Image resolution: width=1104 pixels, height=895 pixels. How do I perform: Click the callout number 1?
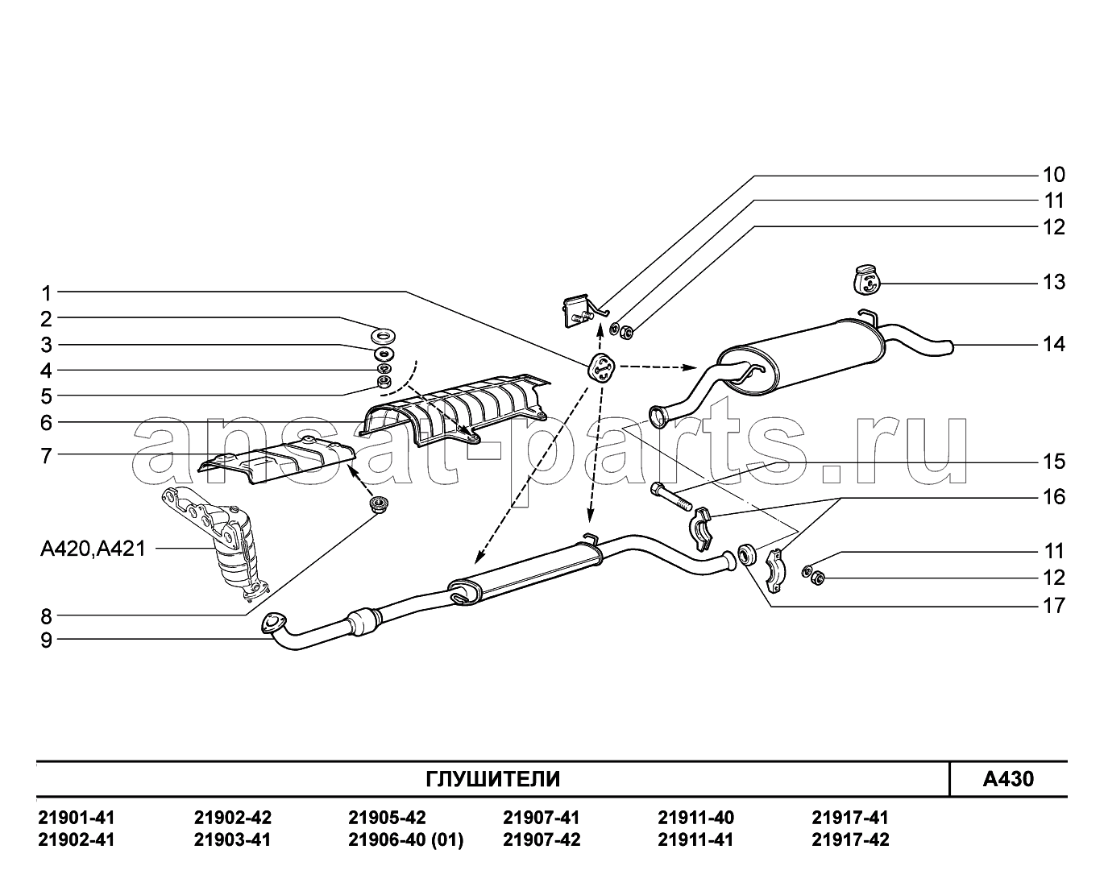47,293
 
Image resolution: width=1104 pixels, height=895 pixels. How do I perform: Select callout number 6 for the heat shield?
47,423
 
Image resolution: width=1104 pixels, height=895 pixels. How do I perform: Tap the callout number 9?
47,640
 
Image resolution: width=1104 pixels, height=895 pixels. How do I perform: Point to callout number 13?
1054,283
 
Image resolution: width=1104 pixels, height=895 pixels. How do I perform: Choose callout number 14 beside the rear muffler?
1054,344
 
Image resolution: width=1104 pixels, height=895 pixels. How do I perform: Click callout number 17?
1054,606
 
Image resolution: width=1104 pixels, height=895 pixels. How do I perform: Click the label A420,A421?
93,549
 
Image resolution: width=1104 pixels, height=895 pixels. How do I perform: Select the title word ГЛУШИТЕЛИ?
493,779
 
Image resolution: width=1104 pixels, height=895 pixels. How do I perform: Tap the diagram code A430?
1008,779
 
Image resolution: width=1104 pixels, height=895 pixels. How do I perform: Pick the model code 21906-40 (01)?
406,839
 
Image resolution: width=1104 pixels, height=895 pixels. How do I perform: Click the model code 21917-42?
850,839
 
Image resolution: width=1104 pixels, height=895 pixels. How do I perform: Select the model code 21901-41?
77,818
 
